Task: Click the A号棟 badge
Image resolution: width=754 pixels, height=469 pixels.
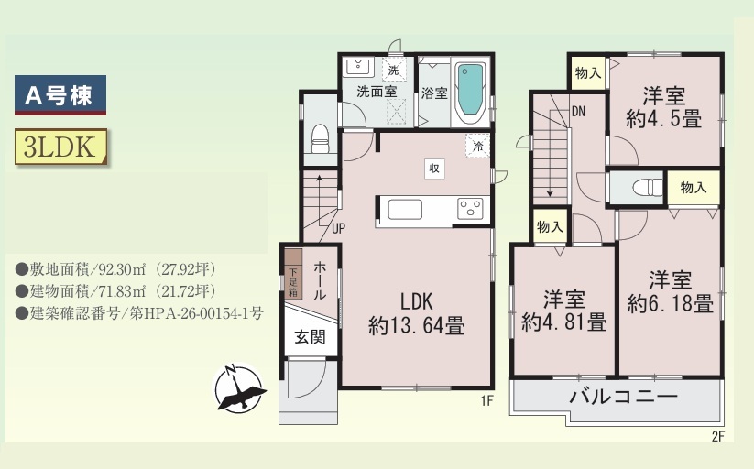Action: pyautogui.click(x=60, y=94)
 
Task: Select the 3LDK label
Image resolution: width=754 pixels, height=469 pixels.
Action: pyautogui.click(x=60, y=147)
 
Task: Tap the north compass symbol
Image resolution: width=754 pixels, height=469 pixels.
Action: pyautogui.click(x=238, y=388)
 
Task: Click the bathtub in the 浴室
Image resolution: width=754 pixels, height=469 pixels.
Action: pyautogui.click(x=470, y=93)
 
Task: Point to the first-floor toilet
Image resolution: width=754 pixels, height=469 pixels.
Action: pyautogui.click(x=321, y=138)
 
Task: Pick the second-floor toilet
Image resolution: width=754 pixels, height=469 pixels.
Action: pyautogui.click(x=647, y=187)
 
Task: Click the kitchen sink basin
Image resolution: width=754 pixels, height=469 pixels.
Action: pyautogui.click(x=405, y=210)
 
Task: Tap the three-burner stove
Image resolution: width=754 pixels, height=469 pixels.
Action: pyautogui.click(x=470, y=209)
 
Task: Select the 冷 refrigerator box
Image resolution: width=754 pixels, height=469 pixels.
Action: pyautogui.click(x=477, y=146)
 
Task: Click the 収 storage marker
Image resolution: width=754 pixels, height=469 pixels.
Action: pyautogui.click(x=434, y=169)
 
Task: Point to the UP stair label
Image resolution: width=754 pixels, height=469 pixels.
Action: pyautogui.click(x=338, y=228)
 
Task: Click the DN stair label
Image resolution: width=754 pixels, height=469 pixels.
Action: pyautogui.click(x=578, y=112)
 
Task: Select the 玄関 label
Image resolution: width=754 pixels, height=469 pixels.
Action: pyautogui.click(x=310, y=337)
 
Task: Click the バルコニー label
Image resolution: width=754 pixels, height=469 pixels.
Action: pyautogui.click(x=623, y=397)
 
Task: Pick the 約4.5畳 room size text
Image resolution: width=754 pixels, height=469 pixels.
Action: pyautogui.click(x=663, y=119)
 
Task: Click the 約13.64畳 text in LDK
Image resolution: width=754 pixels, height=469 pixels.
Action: pyautogui.click(x=417, y=326)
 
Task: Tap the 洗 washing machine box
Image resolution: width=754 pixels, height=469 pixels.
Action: pyautogui.click(x=394, y=71)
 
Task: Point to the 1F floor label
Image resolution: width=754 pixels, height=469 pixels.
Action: pyautogui.click(x=487, y=400)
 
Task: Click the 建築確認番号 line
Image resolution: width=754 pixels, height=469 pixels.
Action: pyautogui.click(x=139, y=313)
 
